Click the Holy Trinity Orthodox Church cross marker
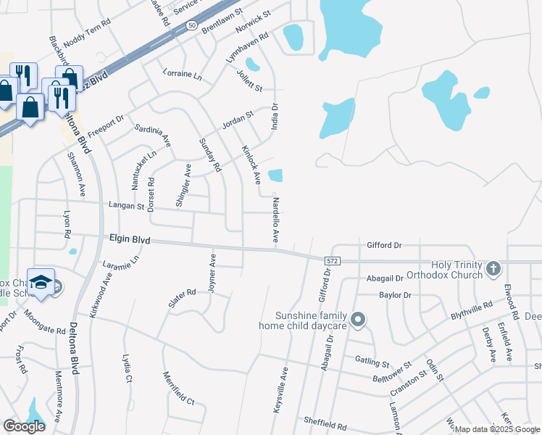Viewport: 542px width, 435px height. [x=493, y=270]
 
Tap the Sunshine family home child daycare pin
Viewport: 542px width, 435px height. [x=357, y=319]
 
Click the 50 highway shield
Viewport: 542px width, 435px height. [x=191, y=25]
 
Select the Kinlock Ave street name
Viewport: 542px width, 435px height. [x=251, y=164]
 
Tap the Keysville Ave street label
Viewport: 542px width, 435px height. [x=280, y=390]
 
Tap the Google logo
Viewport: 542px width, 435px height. [x=24, y=426]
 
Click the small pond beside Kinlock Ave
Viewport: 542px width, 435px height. [x=275, y=175]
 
